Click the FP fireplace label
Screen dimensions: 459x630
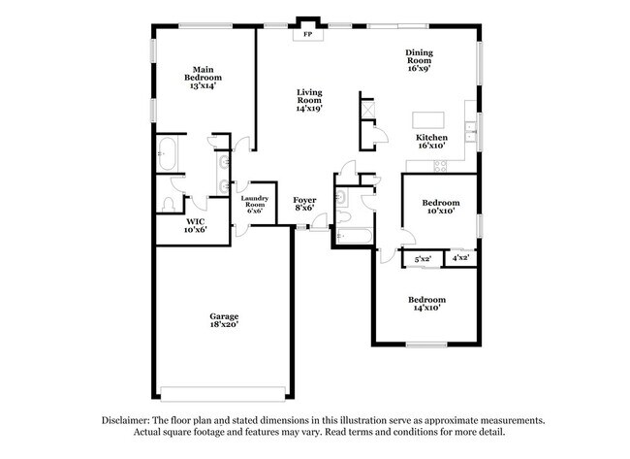tap(309, 35)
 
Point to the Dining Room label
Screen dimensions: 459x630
tap(419, 61)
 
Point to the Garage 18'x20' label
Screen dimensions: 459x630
tap(225, 321)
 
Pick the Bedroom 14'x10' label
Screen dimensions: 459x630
tap(427, 304)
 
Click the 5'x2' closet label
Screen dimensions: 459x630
tap(424, 259)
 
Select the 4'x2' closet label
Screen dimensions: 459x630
tap(459, 259)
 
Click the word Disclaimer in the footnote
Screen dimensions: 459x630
tap(129, 420)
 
